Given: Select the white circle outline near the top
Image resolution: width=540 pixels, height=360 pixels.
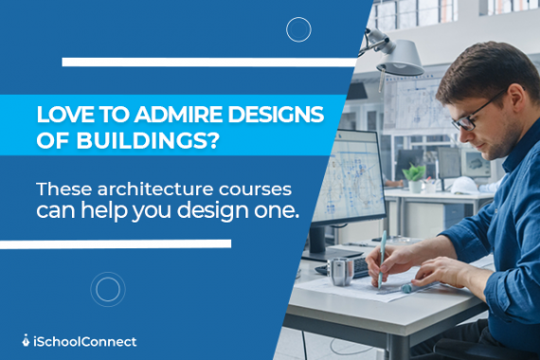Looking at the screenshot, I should click(x=298, y=30).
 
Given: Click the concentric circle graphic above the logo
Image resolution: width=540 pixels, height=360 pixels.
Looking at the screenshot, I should click(x=108, y=288).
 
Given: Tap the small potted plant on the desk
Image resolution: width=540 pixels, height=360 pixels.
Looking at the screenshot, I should click(x=414, y=174).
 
